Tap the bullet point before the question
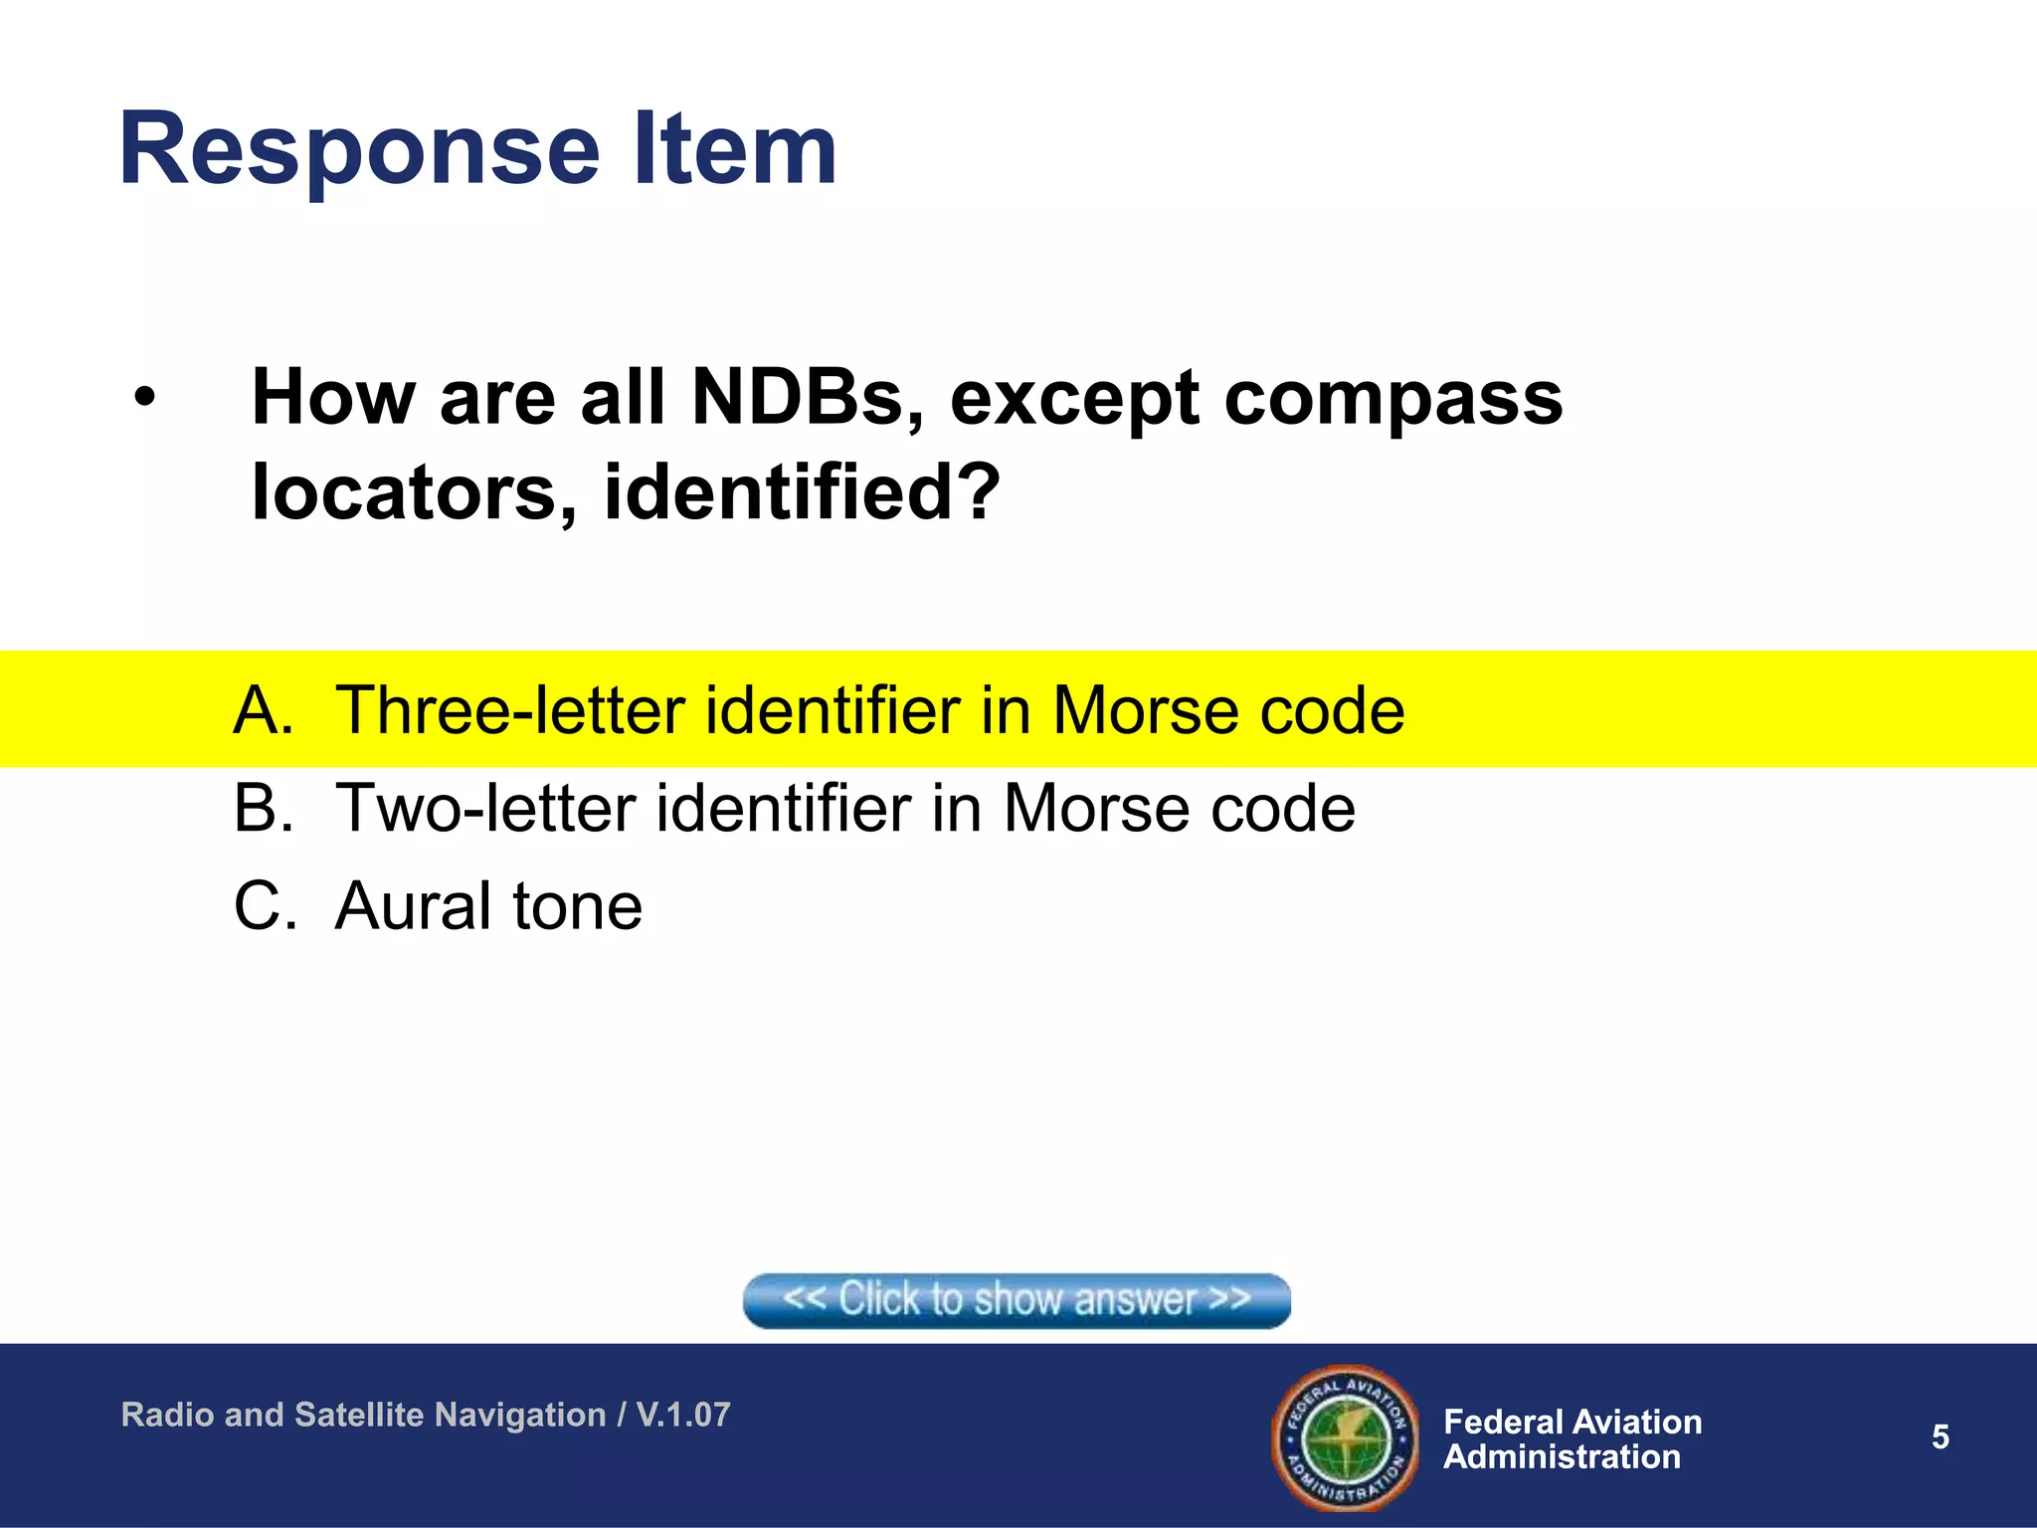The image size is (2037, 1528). coord(146,398)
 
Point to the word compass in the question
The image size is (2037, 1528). coord(1392,398)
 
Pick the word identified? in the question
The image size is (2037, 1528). coord(802,491)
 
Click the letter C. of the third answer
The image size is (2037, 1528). coord(265,906)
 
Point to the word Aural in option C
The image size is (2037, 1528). coord(413,906)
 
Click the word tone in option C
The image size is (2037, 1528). coord(577,906)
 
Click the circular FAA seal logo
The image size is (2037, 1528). coord(1345,1436)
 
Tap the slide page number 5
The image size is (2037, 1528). coord(1940,1436)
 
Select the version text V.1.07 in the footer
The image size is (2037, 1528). coord(683,1415)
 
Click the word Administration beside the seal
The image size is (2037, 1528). coord(1562,1457)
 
